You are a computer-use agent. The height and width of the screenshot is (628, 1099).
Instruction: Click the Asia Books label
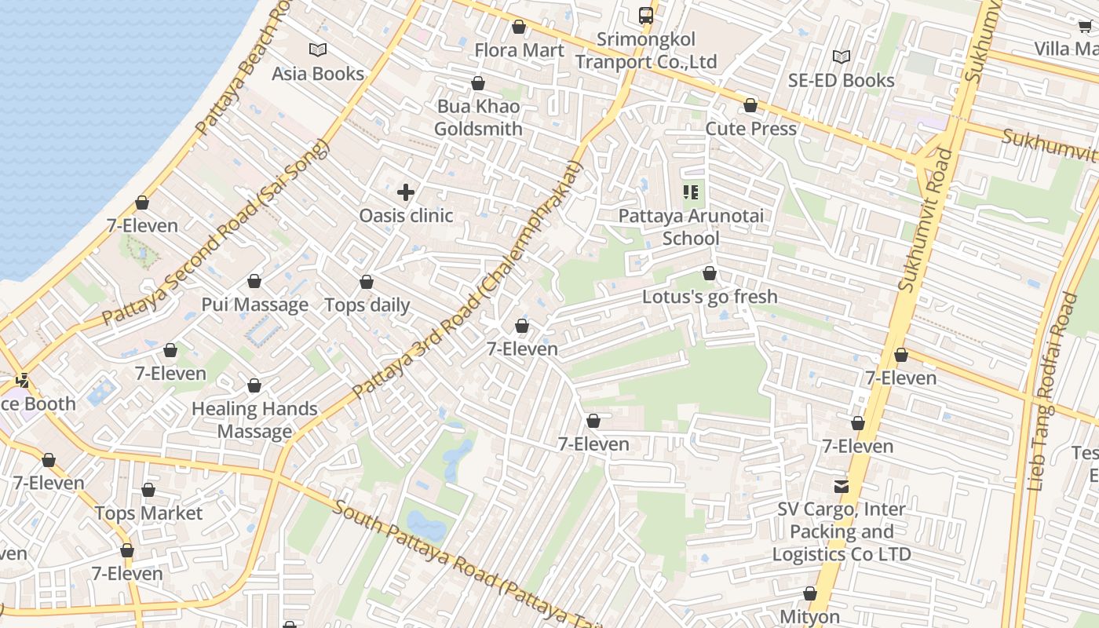pos(318,74)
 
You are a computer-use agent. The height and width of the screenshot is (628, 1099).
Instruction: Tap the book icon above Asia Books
pos(318,50)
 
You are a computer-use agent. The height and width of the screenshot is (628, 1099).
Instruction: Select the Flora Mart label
pos(519,50)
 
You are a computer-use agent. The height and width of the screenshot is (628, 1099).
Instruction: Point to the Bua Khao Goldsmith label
pos(478,118)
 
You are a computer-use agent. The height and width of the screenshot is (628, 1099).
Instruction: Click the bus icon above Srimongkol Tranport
pos(645,15)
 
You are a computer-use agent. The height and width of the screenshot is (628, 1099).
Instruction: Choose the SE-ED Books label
pos(841,81)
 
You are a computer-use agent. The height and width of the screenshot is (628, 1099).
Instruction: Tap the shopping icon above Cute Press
pos(750,105)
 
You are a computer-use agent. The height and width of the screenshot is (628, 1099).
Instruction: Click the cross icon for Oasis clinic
pos(406,192)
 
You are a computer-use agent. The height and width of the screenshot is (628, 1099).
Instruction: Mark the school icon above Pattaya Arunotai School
pos(691,192)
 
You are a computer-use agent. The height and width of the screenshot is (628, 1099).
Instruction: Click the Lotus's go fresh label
pos(710,297)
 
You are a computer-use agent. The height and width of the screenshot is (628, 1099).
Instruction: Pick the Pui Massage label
pos(254,305)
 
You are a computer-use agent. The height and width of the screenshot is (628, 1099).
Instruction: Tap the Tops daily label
pos(367,305)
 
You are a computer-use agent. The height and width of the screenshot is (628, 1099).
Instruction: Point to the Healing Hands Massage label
pos(254,420)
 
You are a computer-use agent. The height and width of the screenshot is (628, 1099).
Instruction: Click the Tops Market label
pos(148,513)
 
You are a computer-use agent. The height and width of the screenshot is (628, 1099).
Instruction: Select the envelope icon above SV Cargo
pos(842,487)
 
